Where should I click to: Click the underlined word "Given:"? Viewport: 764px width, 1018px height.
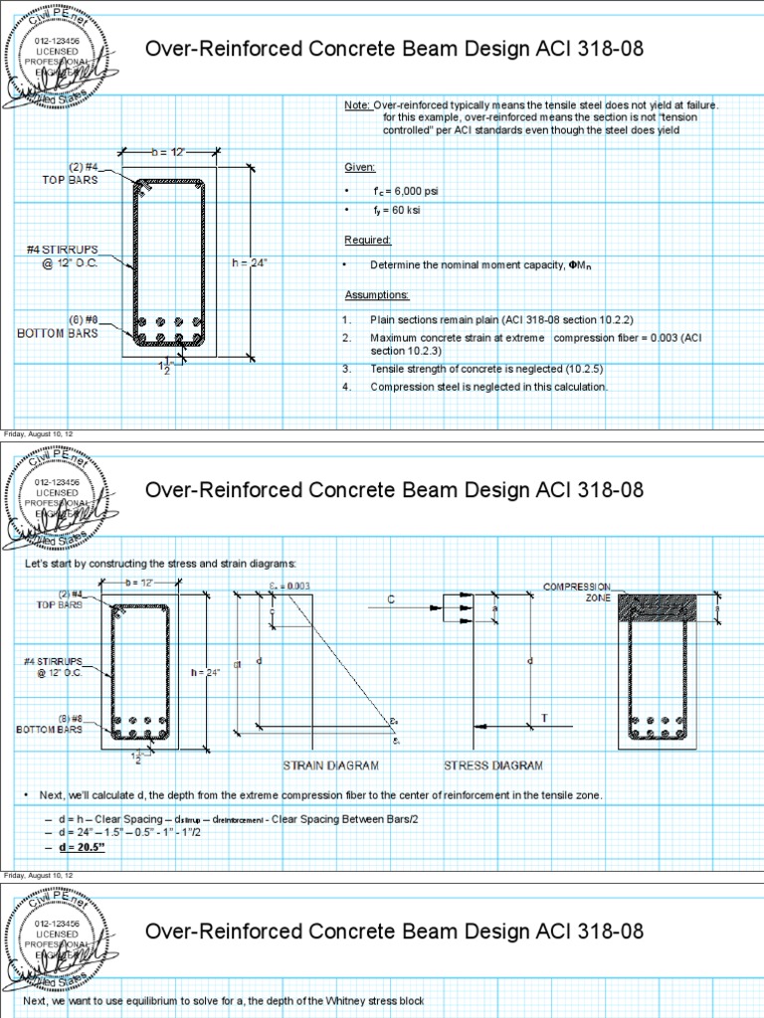tap(359, 167)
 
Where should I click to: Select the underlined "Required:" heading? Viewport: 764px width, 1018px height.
tap(367, 240)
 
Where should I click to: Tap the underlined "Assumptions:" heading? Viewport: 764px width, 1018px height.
tap(376, 295)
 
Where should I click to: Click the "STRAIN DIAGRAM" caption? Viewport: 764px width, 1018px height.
tap(326, 765)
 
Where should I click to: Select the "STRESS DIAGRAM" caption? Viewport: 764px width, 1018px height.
tap(492, 765)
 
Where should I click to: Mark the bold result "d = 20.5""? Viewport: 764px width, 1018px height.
tap(82, 847)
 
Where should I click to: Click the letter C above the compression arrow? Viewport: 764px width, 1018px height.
tap(391, 599)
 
